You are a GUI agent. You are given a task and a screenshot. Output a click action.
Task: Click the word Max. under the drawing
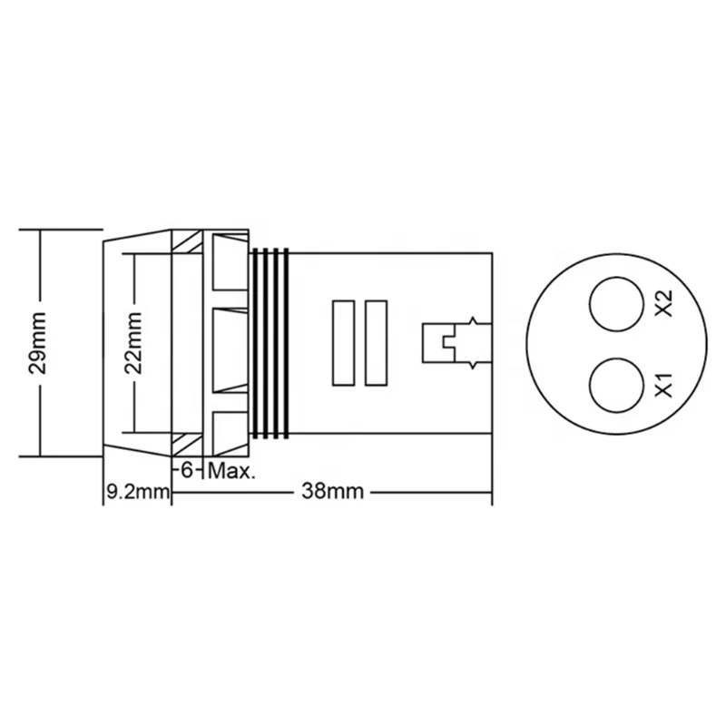234,472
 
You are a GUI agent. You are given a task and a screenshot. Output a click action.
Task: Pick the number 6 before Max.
189,472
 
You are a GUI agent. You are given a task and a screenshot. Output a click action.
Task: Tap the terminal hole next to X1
613,385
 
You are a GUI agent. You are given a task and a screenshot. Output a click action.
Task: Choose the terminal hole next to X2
613,304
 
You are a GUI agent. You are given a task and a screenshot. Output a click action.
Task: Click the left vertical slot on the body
343,343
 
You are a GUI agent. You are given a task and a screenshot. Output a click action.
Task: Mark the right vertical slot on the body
374,343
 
